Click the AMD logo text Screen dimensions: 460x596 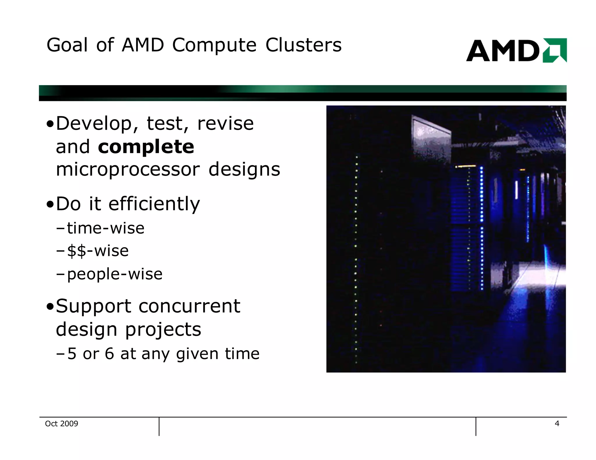[503, 51]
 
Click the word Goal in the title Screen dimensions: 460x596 [67, 45]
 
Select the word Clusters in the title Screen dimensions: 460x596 [303, 45]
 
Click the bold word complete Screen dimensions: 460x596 [146, 147]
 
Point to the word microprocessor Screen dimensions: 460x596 [128, 170]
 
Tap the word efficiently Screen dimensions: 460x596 [154, 204]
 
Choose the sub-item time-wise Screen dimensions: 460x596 [105, 228]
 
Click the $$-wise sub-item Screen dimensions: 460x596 [98, 251]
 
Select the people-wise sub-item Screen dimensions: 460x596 [115, 274]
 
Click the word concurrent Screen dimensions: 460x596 [189, 306]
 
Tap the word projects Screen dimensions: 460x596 [163, 330]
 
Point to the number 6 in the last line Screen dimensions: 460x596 [109, 354]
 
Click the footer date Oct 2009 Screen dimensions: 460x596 [62, 424]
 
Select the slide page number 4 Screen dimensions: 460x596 [557, 423]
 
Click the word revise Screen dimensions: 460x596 [225, 124]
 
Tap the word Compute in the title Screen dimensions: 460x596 [214, 45]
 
